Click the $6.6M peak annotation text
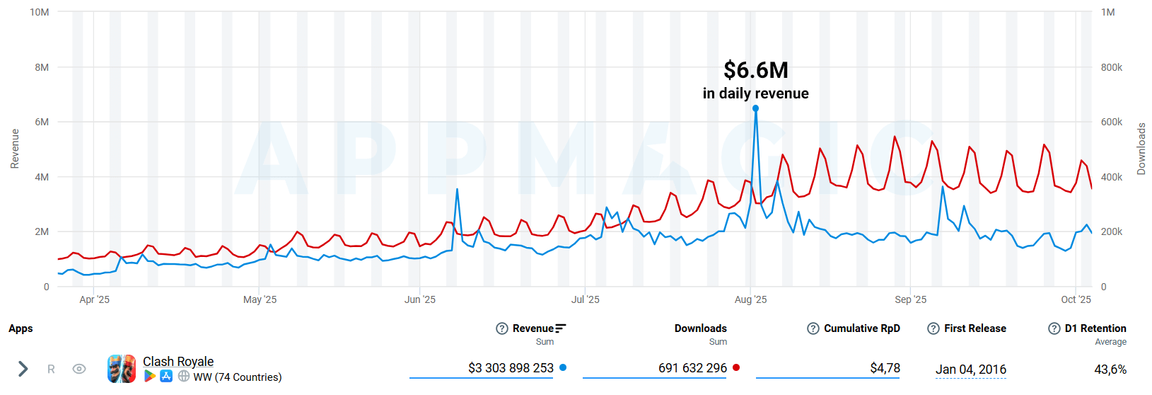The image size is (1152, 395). point(755,70)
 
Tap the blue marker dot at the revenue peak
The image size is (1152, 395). point(756,108)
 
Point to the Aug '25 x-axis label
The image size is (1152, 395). point(750,299)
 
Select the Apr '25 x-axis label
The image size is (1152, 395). point(94,299)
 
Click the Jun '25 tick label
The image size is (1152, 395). point(420,299)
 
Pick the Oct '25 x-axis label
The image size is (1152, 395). point(1076,299)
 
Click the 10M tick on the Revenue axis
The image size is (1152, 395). point(40,12)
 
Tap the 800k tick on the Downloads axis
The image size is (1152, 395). point(1111,67)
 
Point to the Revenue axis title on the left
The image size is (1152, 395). point(15,149)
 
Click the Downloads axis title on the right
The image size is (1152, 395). point(1141,149)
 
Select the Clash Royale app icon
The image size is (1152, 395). point(122,369)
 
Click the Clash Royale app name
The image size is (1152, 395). point(178,362)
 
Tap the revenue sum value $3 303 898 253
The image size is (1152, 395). point(511,368)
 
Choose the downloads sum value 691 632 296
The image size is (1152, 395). point(692,368)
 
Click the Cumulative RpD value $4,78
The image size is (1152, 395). point(885,368)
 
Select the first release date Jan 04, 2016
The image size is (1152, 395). point(970,370)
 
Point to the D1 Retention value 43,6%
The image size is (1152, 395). point(1110,370)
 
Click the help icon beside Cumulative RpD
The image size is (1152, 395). point(813,328)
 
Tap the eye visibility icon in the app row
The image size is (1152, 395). point(79,369)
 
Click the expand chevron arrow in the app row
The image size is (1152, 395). point(23,369)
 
